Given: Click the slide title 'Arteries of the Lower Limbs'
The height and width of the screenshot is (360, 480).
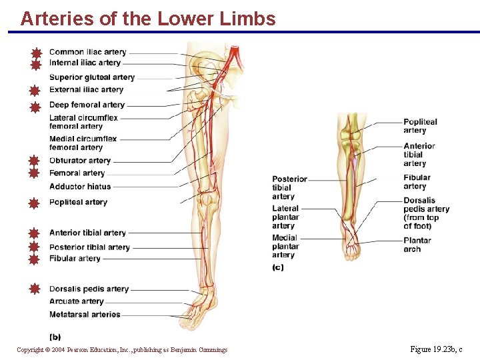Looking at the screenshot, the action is (x=147, y=19).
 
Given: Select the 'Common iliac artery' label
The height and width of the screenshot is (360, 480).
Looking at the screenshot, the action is (x=87, y=52).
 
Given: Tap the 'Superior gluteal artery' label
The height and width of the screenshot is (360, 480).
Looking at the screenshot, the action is (x=92, y=77).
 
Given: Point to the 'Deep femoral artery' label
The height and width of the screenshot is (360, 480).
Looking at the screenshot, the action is (x=87, y=105).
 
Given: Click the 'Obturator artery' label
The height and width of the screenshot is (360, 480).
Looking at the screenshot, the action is (x=80, y=161).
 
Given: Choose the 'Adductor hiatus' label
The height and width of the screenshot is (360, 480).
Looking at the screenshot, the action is (x=80, y=187).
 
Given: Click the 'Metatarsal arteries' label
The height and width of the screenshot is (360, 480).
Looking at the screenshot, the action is (x=85, y=315).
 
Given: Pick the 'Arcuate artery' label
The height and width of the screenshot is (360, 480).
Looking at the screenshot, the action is (x=77, y=302).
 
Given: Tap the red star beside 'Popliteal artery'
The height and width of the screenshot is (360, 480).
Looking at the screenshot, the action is (x=35, y=203).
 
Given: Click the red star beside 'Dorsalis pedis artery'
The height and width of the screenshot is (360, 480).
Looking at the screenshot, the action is (x=35, y=289).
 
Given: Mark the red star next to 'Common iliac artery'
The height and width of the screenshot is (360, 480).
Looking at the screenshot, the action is (x=36, y=53).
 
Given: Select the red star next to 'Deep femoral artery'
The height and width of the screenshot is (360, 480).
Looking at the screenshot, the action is (x=35, y=105).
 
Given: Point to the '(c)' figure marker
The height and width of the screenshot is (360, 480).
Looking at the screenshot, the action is (x=278, y=267).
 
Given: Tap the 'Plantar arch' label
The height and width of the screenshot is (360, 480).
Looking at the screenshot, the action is (x=417, y=245).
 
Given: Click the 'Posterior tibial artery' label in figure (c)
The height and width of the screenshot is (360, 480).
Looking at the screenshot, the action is (x=289, y=187).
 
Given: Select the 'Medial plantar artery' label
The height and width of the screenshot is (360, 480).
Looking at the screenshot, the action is (x=285, y=246).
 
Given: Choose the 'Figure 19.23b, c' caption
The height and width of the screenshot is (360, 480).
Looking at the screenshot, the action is (x=436, y=349).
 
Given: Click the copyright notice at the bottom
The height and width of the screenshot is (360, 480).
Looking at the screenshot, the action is (x=122, y=350).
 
